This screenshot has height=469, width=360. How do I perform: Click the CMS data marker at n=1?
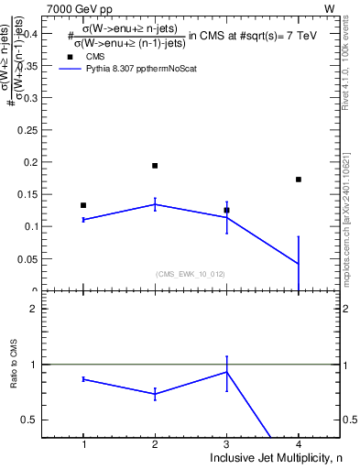(x=83, y=205)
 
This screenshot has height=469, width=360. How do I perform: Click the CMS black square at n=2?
(x=155, y=166)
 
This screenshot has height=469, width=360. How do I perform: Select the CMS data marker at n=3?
(x=226, y=210)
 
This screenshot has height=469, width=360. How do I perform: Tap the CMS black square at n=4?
(x=299, y=180)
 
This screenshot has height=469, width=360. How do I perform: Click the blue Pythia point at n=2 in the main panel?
(x=155, y=204)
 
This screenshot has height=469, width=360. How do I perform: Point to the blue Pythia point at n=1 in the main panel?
(x=83, y=220)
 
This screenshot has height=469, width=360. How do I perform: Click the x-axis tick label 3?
(x=226, y=444)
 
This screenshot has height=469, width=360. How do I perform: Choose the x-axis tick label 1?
(x=83, y=444)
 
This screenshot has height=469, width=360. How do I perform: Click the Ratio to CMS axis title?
(x=12, y=378)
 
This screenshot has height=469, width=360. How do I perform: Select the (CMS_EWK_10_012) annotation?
(x=191, y=273)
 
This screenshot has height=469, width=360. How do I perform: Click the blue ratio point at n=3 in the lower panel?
(x=226, y=372)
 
